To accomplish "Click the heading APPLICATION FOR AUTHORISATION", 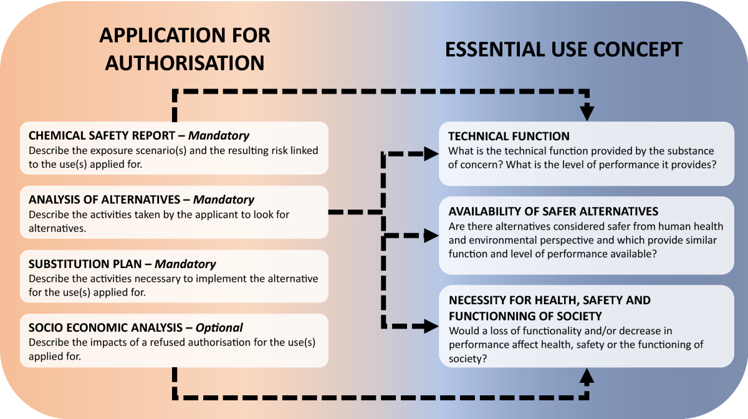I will (x=185, y=49).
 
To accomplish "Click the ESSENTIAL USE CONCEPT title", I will (x=563, y=49).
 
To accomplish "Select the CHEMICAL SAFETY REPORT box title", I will (x=105, y=136).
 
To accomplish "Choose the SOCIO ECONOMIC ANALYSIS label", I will (x=108, y=328).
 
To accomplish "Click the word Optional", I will (x=219, y=328).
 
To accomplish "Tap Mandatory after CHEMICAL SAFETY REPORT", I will (x=219, y=136).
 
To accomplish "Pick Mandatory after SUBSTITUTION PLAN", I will (x=185, y=264).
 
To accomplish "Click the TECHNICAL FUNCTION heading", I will (x=509, y=136).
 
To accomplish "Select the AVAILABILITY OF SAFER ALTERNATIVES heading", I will (x=554, y=212).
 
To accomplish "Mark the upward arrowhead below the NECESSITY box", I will (x=587, y=377).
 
